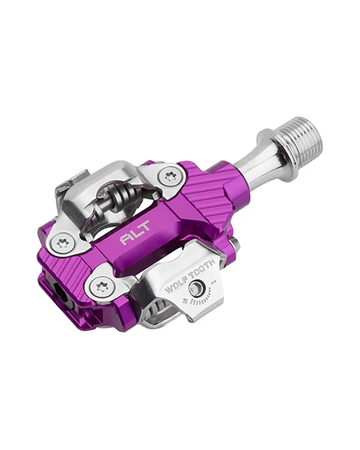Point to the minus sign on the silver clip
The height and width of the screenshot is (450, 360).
[x=213, y=283]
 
